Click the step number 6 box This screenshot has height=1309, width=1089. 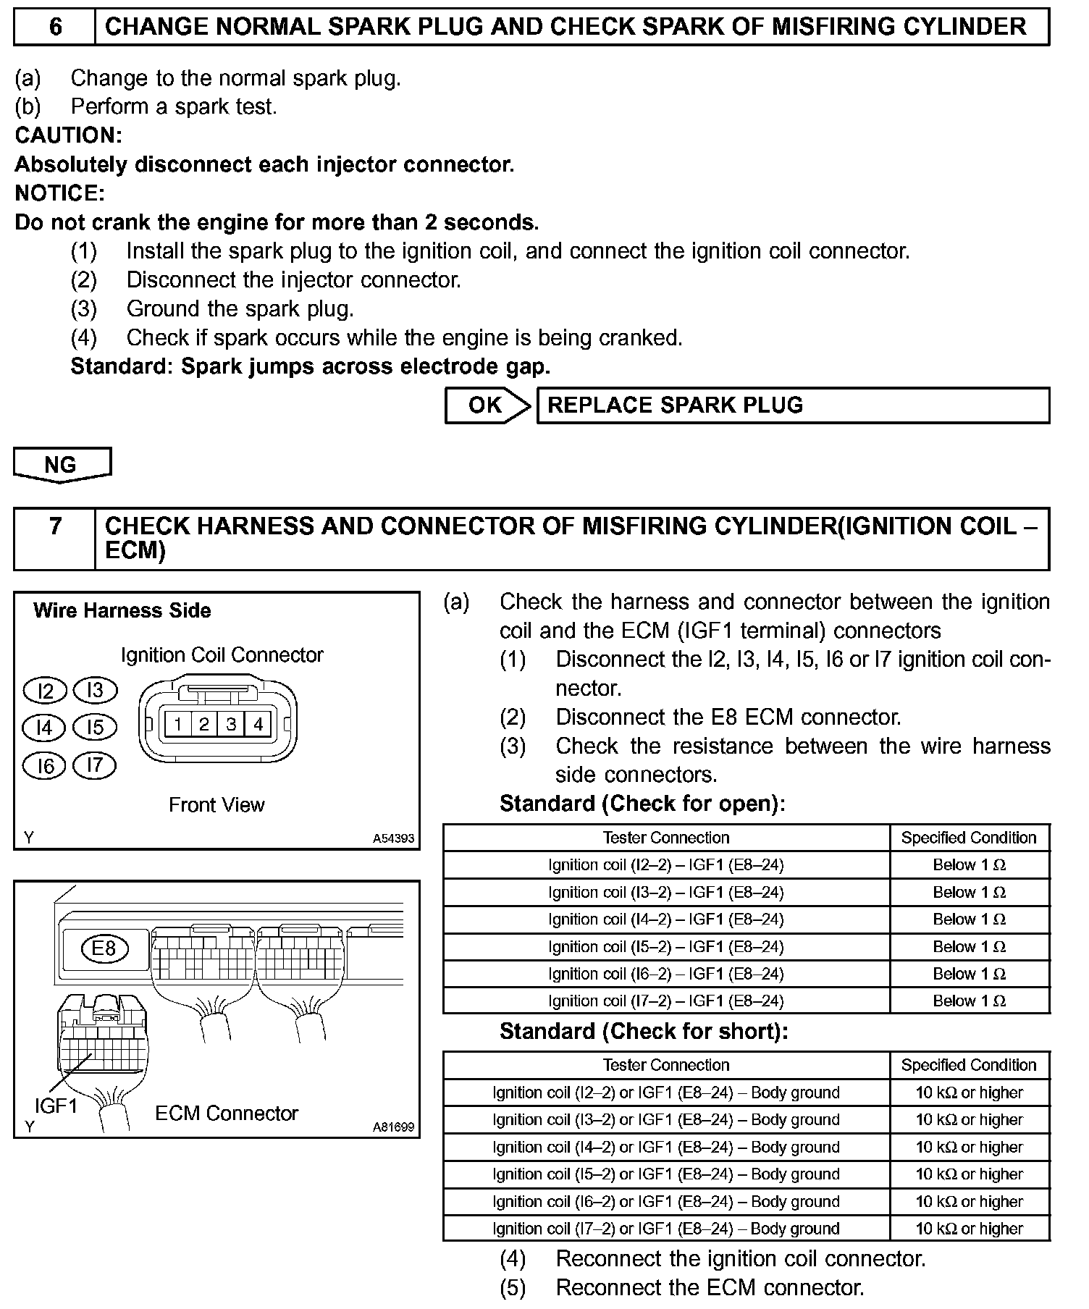pyautogui.click(x=55, y=28)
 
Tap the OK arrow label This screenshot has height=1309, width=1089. pyautogui.click(x=485, y=405)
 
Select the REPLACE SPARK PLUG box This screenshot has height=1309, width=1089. pyautogui.click(x=792, y=405)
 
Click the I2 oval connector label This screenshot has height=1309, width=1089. pyautogui.click(x=45, y=691)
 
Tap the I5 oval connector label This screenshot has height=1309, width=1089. pyautogui.click(x=95, y=727)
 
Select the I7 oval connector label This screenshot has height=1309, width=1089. pyautogui.click(x=95, y=765)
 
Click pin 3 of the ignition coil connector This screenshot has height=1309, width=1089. pyautogui.click(x=231, y=724)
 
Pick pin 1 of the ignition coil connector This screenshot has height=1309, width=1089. pyautogui.click(x=177, y=724)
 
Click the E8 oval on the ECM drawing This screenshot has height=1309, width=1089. pyautogui.click(x=105, y=948)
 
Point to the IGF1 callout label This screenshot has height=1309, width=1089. pyautogui.click(x=56, y=1106)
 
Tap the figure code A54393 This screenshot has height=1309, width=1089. pyautogui.click(x=393, y=838)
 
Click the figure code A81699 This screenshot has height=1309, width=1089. pyautogui.click(x=393, y=1127)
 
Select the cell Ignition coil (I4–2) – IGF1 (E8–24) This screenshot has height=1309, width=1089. pyautogui.click(x=666, y=919)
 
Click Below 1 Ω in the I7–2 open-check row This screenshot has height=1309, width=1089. pyautogui.click(x=969, y=1001)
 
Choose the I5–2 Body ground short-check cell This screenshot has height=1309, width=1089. pyautogui.click(x=666, y=1174)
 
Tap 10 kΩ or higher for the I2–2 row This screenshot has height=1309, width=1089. pyautogui.click(x=969, y=1093)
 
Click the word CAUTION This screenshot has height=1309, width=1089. pyautogui.click(x=68, y=135)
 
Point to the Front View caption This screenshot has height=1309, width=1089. pyautogui.click(x=216, y=804)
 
